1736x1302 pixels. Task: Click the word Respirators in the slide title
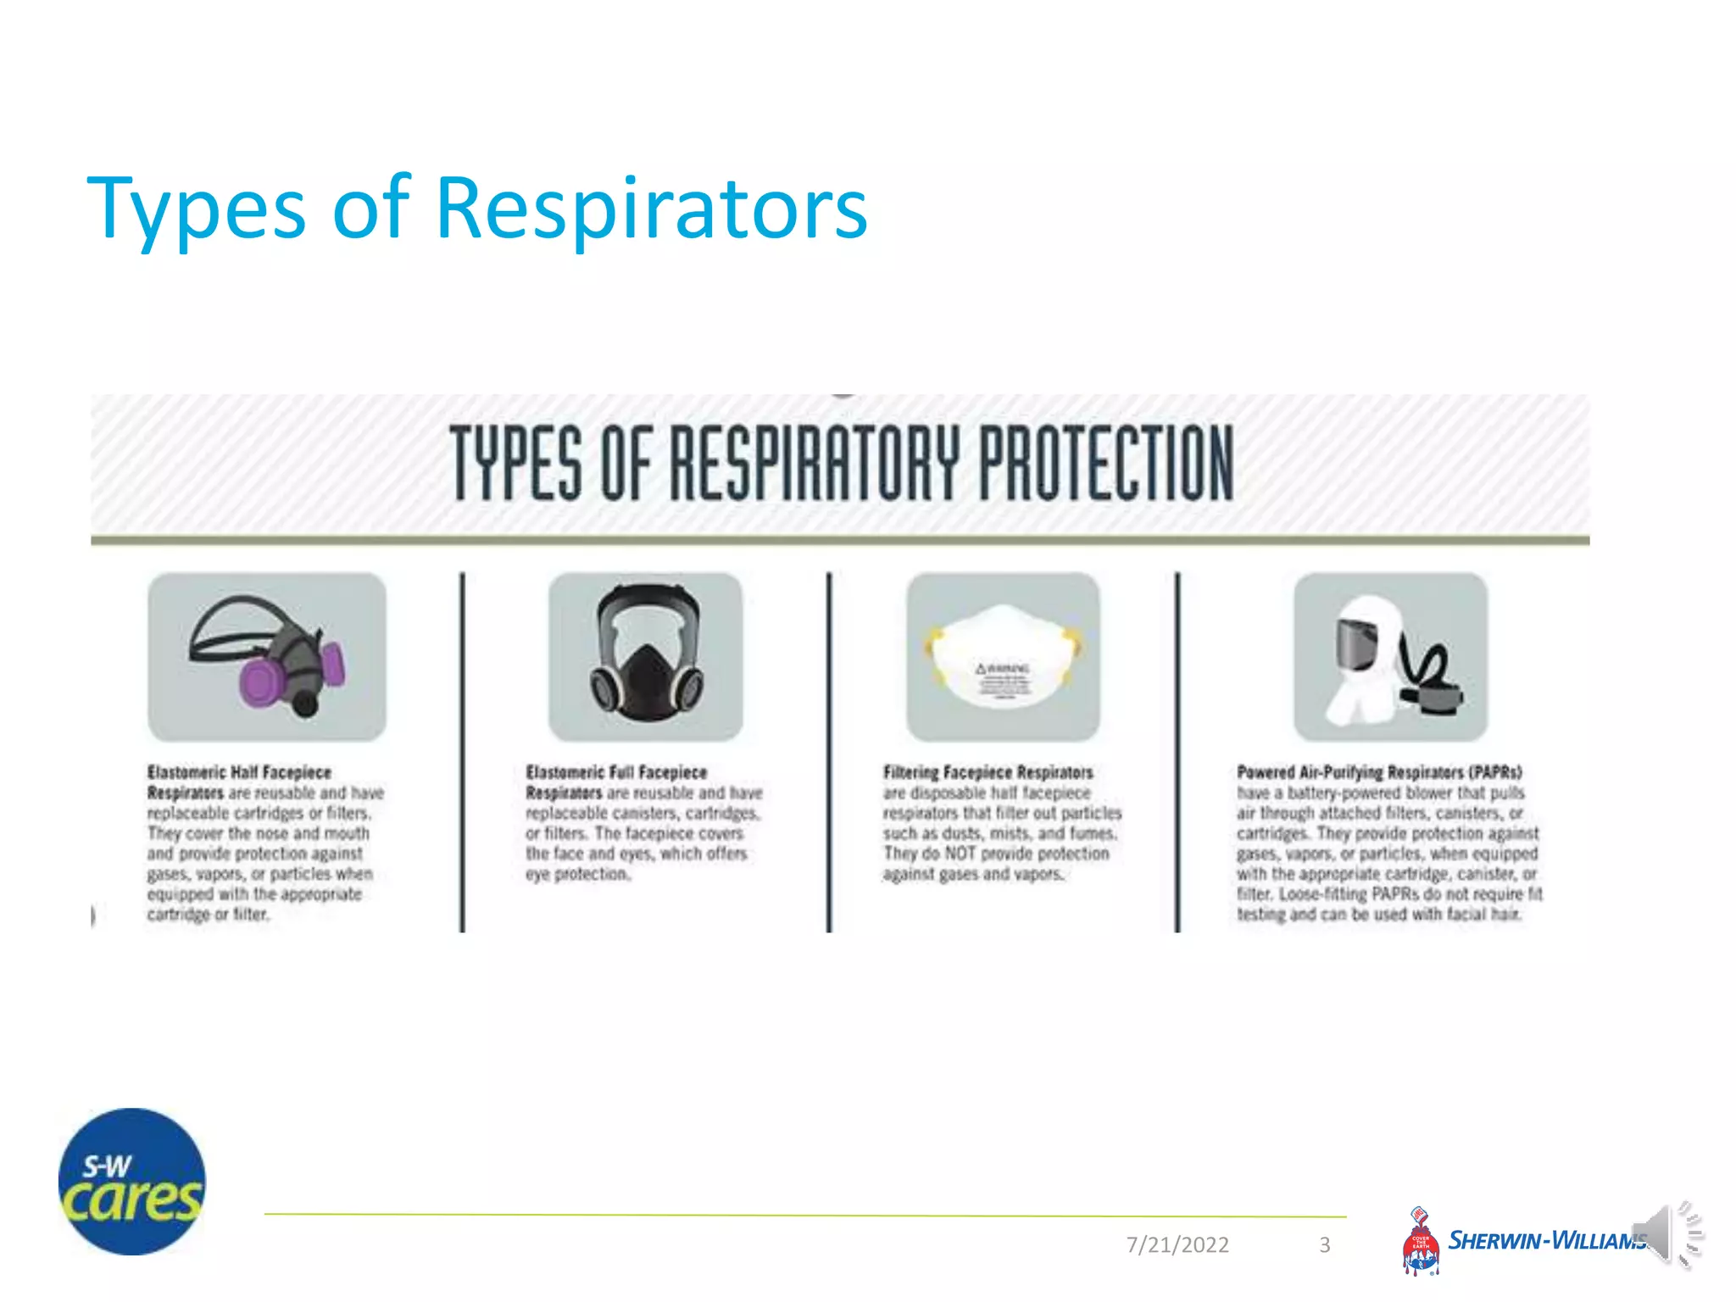651,209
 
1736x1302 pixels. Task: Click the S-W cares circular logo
132,1182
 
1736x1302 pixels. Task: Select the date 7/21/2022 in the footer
1177,1244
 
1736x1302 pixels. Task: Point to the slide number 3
1325,1244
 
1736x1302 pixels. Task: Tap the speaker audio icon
1666,1234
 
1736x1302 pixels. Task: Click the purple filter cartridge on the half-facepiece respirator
263,683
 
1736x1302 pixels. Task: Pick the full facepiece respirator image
646,658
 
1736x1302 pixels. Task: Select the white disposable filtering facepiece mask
1003,656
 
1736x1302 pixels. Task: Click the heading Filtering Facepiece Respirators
988,772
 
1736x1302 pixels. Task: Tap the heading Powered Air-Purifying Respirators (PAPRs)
1379,772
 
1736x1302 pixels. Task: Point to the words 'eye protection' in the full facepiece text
577,874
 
